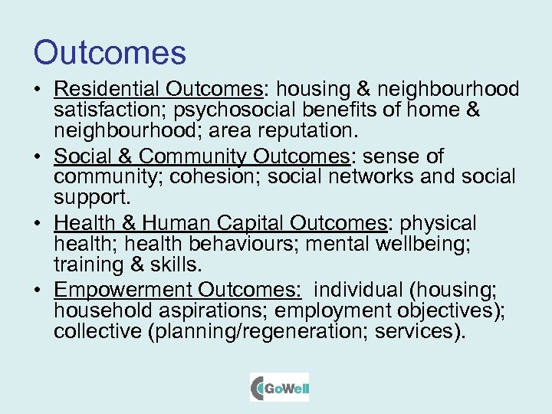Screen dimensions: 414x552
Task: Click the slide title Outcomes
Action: click(110, 53)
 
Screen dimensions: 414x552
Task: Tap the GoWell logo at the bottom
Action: click(279, 387)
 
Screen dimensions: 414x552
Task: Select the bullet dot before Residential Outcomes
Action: click(38, 90)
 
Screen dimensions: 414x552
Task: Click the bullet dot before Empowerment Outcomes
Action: click(38, 291)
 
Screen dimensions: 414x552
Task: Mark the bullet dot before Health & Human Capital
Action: click(38, 224)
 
